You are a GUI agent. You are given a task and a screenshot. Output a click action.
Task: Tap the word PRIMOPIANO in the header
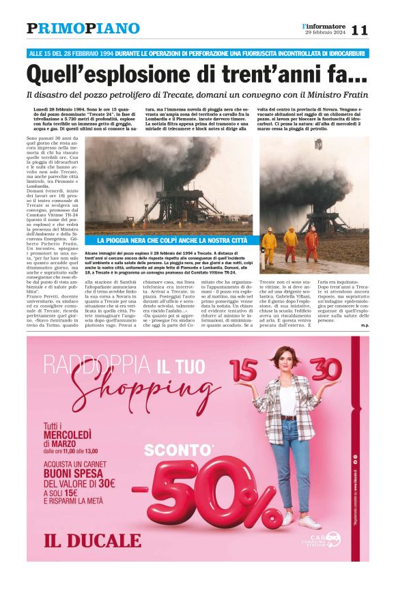coord(83,29)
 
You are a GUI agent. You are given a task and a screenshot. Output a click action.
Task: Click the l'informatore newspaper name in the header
coord(325,25)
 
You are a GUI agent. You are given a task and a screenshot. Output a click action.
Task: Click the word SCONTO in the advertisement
coord(169,451)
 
